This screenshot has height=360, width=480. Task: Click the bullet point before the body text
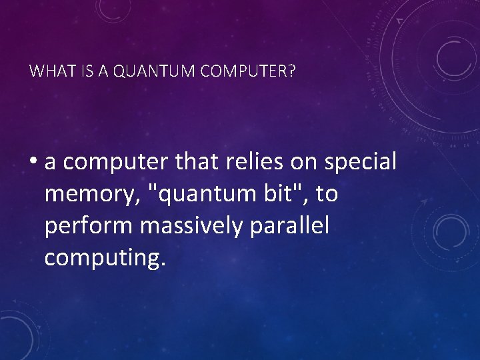point(34,162)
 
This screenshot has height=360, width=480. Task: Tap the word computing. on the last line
point(103,259)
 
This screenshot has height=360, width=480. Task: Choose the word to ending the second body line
point(327,195)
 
